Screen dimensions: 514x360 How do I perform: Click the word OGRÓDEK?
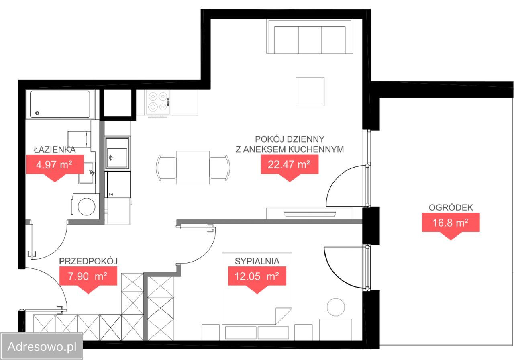click(x=451, y=208)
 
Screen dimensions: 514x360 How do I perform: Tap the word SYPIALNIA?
click(x=257, y=261)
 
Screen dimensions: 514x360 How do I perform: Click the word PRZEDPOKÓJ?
click(x=88, y=261)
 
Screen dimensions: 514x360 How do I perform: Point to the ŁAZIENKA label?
click(x=55, y=150)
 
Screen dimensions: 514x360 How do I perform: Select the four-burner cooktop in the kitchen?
click(x=158, y=102)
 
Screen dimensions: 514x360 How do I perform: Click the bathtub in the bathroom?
click(x=60, y=104)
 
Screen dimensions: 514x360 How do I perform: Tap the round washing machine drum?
click(x=86, y=207)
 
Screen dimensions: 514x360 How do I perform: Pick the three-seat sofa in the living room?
click(x=310, y=37)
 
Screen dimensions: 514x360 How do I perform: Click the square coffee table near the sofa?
click(x=310, y=92)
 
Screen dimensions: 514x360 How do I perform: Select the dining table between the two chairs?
click(x=193, y=168)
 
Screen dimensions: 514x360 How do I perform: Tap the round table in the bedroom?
click(x=336, y=307)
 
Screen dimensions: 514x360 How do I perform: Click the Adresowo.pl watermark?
click(x=42, y=346)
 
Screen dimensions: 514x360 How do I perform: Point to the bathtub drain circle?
click(x=37, y=113)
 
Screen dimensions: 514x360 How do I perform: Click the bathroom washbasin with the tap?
click(x=87, y=173)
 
